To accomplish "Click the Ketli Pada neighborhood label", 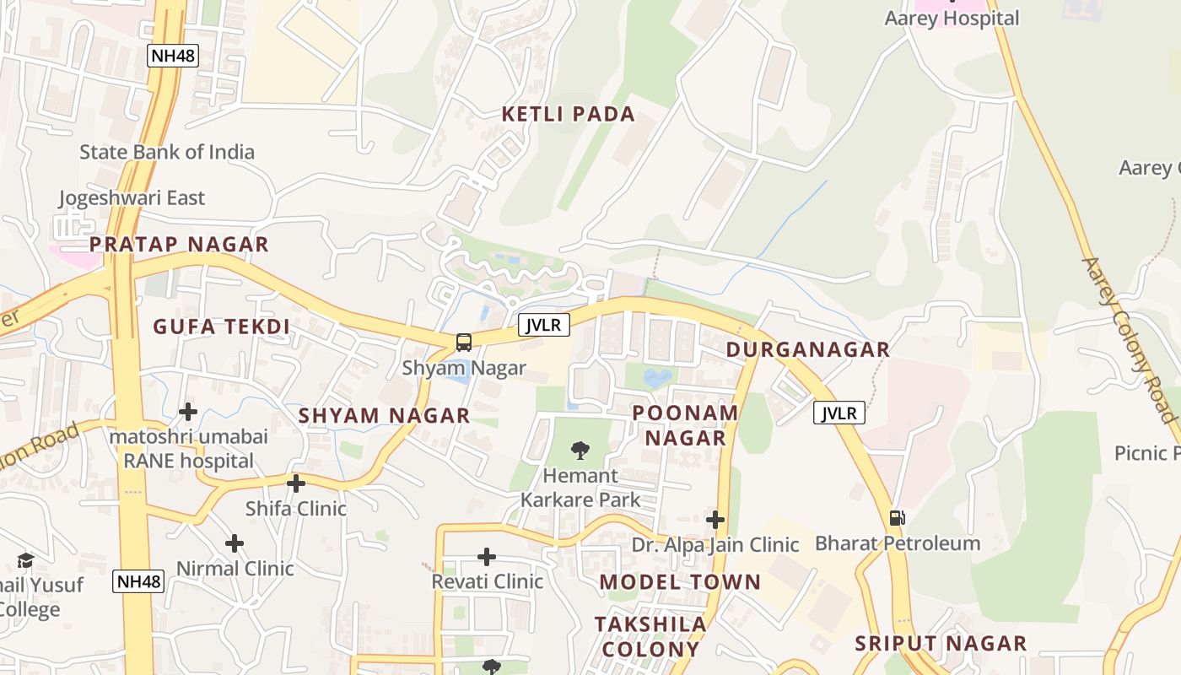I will (x=568, y=115).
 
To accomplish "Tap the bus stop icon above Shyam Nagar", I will (x=464, y=343).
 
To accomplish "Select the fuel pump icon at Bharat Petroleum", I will (x=897, y=517).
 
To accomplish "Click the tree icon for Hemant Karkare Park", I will (x=580, y=451).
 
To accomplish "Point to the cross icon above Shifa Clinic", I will (x=296, y=483).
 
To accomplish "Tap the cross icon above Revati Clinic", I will (x=487, y=557).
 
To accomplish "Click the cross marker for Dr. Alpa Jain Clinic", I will (x=715, y=520).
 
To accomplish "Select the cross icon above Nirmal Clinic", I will (x=235, y=543).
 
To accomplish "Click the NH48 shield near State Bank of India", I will (x=172, y=57).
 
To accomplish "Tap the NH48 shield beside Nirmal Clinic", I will (x=138, y=580).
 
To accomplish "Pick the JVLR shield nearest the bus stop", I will (x=543, y=325).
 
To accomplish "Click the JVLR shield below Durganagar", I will (x=839, y=413).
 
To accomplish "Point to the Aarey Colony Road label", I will (x=1129, y=339).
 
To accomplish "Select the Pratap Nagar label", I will (x=179, y=245).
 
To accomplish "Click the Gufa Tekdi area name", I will (x=221, y=327).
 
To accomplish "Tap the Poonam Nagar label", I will (x=685, y=425).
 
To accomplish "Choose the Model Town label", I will (x=680, y=582).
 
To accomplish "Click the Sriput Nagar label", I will (x=941, y=644).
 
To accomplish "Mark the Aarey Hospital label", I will (x=952, y=18).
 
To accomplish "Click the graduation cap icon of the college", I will (x=26, y=561).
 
